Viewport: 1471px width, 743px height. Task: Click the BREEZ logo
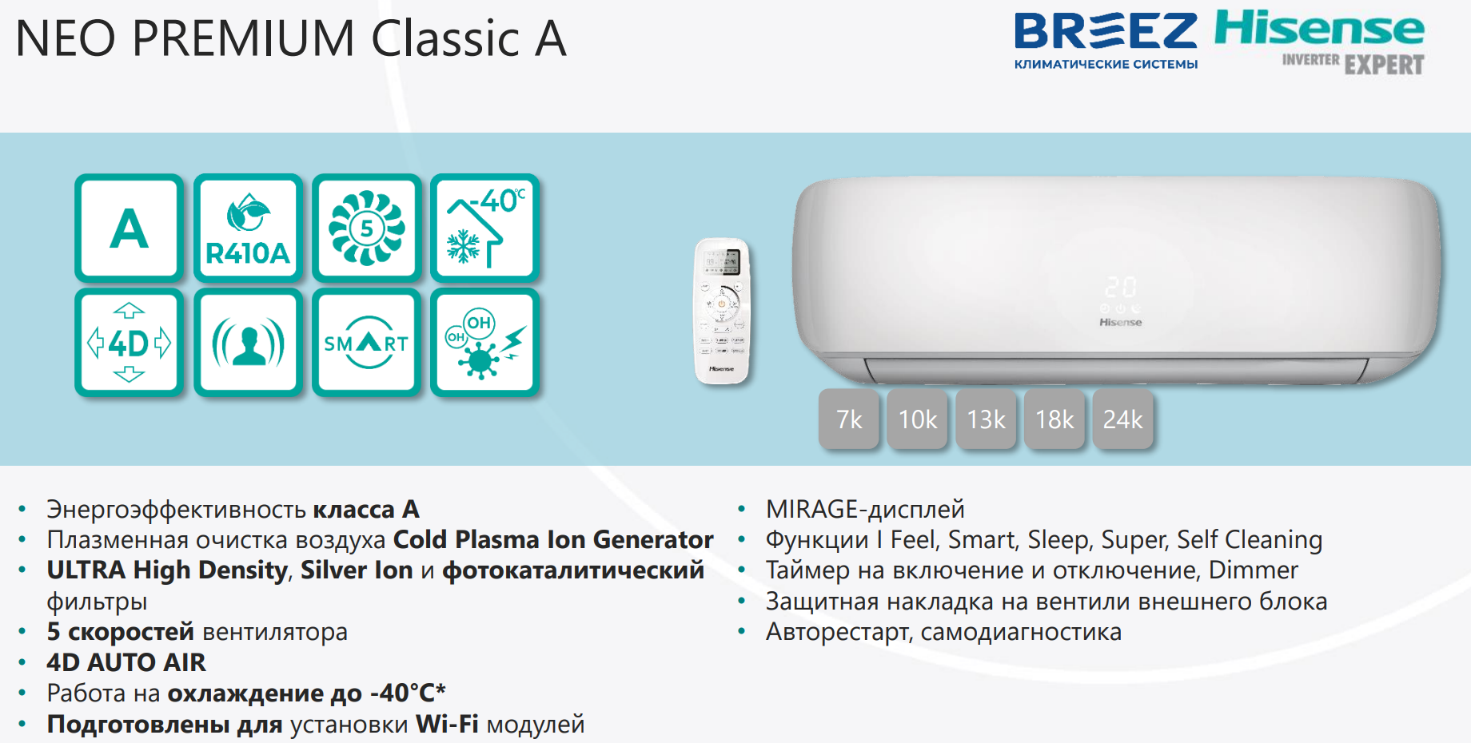(1106, 40)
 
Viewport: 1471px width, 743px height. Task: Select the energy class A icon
(130, 228)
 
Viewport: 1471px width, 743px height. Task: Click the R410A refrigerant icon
(248, 228)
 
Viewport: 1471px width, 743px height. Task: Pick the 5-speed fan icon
(367, 228)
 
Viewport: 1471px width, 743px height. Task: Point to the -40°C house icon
(485, 228)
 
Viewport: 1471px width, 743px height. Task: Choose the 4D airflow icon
(130, 343)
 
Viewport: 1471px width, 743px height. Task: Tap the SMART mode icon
(367, 343)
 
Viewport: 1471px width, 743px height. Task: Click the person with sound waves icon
(248, 343)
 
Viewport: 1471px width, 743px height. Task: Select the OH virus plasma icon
(485, 343)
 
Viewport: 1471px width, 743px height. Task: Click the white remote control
(721, 311)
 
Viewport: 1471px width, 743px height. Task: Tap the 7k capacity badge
(849, 419)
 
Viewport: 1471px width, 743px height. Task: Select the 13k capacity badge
(986, 419)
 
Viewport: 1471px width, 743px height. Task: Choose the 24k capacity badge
(1123, 419)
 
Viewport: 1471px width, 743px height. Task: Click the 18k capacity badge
(1054, 419)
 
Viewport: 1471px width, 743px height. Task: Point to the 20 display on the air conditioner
(1121, 287)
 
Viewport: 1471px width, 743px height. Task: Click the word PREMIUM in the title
(244, 38)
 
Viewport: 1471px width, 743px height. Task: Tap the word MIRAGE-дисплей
(865, 509)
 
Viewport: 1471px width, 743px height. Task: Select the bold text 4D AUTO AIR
(126, 662)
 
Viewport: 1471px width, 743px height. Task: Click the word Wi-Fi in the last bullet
(448, 724)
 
